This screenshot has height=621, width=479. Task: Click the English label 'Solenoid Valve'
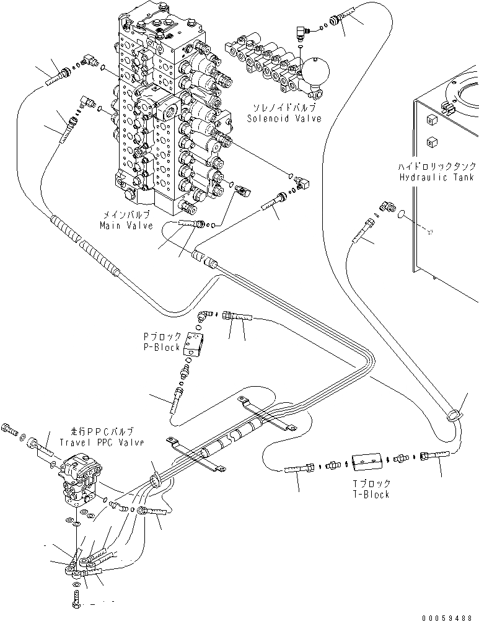(284, 118)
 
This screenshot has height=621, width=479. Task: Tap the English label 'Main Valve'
(126, 226)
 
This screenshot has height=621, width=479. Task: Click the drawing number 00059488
(449, 617)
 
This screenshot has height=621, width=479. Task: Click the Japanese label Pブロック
(163, 337)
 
